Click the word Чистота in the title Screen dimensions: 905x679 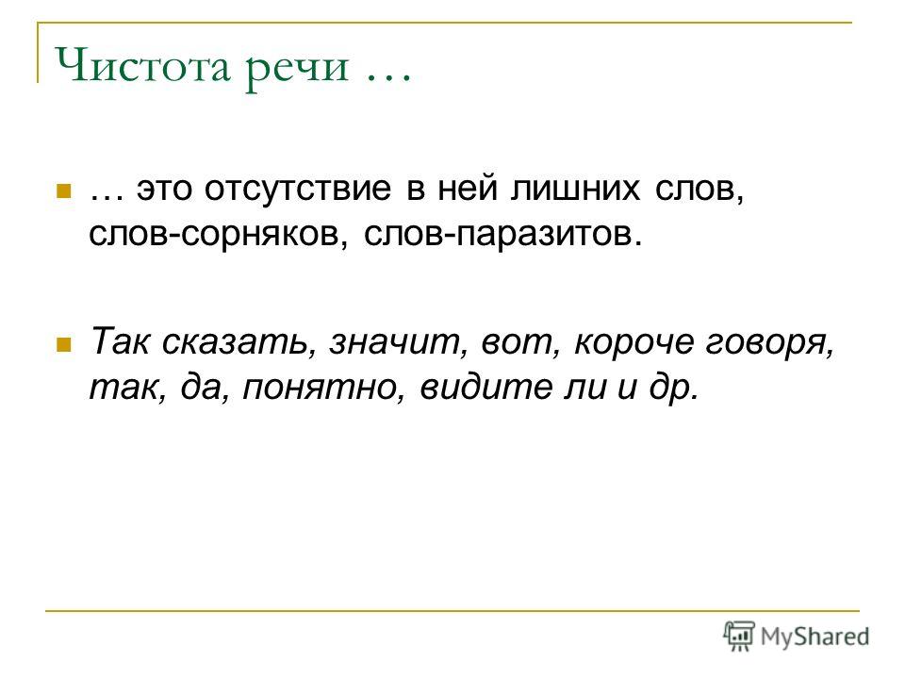tap(142, 65)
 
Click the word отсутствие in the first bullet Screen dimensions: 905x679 tap(297, 189)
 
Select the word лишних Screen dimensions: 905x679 tap(575, 189)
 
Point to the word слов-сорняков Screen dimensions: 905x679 tap(218, 234)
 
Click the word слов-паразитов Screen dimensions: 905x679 tap(502, 234)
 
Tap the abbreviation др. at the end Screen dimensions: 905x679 tap(673, 388)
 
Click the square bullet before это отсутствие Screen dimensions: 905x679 tap(63, 191)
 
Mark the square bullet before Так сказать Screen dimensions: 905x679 tap(63, 345)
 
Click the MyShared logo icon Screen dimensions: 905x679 tap(739, 636)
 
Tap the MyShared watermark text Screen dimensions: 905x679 tap(814, 637)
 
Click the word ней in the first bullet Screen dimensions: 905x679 tap(468, 189)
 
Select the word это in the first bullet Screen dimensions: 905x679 tap(163, 190)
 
